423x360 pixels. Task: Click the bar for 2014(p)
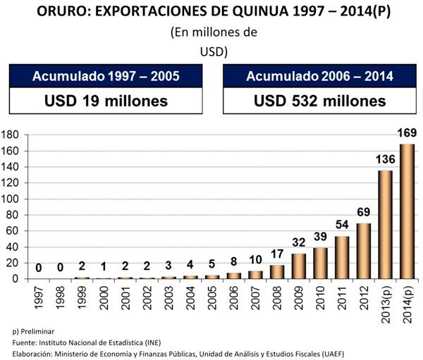tap(407, 211)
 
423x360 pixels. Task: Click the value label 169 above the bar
tap(407, 133)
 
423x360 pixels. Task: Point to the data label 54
tap(342, 225)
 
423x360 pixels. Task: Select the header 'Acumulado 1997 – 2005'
tap(106, 75)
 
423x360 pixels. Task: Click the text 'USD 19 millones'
tap(106, 100)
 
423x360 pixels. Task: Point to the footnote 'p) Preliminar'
tap(33, 330)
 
